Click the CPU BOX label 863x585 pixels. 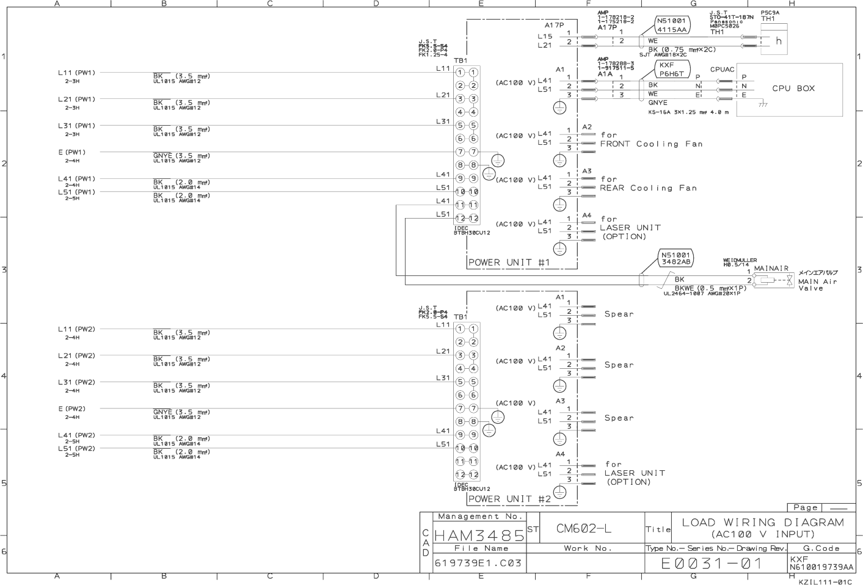pos(793,89)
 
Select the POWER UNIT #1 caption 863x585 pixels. pos(509,263)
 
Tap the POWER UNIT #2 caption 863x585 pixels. pos(509,499)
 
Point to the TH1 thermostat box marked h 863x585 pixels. pos(777,42)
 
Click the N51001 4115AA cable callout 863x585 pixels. pos(672,25)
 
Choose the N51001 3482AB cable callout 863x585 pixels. pos(675,258)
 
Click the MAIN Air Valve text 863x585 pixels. pos(818,285)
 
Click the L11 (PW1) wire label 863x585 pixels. pos(76,73)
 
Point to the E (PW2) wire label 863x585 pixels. pos(72,409)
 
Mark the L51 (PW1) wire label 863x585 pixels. pos(76,192)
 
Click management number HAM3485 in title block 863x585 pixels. pos(479,536)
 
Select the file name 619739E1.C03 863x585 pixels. pos(478,563)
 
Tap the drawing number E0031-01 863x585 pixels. pos(712,563)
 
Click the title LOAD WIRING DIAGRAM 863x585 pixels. pos(763,523)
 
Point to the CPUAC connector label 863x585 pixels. pos(722,70)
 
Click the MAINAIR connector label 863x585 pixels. pos(771,268)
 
